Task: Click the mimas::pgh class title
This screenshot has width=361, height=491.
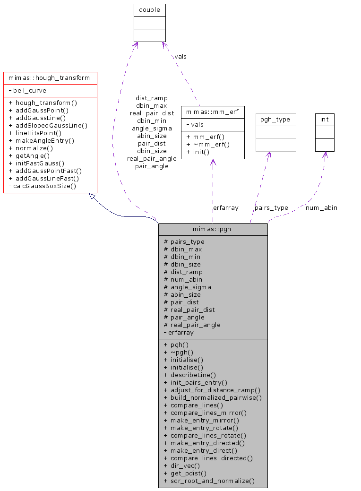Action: click(213, 229)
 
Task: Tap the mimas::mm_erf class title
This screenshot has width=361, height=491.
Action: click(213, 112)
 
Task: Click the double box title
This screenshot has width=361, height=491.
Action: click(150, 9)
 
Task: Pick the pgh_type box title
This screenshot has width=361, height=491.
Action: click(276, 120)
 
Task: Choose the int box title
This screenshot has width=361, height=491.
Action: click(325, 120)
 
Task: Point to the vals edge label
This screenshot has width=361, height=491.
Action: click(180, 56)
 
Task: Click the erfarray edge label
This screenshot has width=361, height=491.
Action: click(226, 207)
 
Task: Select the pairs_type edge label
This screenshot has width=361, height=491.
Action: click(271, 207)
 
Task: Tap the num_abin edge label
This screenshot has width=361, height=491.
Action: click(321, 207)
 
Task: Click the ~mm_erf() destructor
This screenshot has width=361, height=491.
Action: click(208, 144)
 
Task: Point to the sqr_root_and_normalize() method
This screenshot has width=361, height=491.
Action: click(209, 481)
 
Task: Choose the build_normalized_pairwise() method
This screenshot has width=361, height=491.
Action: click(213, 397)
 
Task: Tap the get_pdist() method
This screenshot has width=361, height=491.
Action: click(185, 473)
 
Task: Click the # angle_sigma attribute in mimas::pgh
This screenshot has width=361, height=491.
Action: click(187, 287)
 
